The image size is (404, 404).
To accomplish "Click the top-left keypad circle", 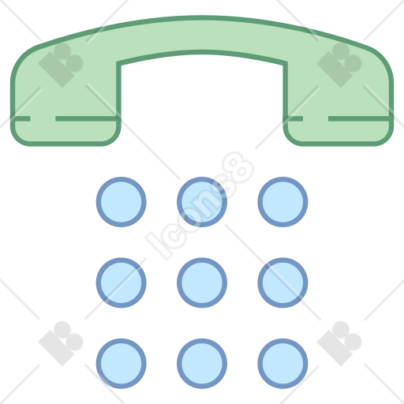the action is click(121, 202).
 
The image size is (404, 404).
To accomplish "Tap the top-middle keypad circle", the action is click(202, 202).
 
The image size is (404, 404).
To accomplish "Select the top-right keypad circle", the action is click(282, 202).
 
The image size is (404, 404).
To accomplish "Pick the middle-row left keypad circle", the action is click(121, 282).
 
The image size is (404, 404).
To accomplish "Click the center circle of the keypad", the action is click(202, 282).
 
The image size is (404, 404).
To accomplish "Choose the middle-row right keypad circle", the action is click(282, 282).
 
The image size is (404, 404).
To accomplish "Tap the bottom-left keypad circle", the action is click(121, 363).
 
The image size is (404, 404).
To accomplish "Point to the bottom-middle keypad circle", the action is click(202, 363).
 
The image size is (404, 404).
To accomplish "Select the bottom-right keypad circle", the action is click(282, 363).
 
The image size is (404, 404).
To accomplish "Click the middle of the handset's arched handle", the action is click(202, 35).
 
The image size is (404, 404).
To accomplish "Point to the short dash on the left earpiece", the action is click(21, 118).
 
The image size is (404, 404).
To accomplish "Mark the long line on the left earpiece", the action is click(87, 118).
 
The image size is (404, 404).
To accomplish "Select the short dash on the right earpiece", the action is click(294, 118).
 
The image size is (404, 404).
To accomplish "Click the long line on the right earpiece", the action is click(360, 118).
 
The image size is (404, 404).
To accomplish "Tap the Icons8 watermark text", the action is click(200, 205).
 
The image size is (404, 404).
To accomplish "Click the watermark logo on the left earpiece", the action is click(61, 65).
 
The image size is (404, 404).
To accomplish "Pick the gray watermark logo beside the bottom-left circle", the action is click(61, 343).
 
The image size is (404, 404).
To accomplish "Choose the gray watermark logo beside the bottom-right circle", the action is click(339, 343).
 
